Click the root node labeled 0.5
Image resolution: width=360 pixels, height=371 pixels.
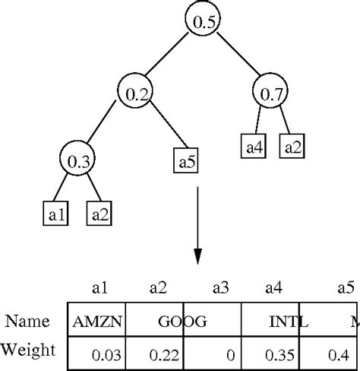pos(202,21)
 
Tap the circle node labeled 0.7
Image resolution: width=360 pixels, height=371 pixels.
pos(270,94)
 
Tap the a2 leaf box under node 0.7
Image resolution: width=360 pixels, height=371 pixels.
pos(292,145)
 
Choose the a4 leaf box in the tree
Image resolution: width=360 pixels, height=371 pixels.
pos(253,145)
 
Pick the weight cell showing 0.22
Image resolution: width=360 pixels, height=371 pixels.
pos(157,354)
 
